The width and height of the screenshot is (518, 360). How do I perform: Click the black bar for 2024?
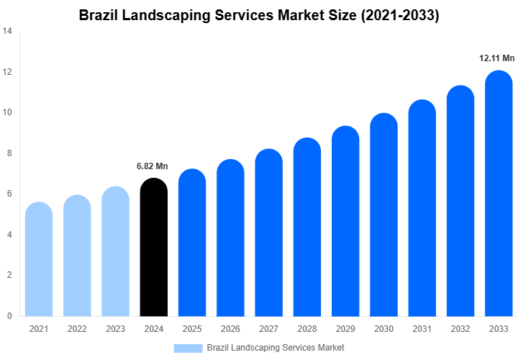point(153,248)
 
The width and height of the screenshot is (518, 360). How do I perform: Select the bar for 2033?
point(499,194)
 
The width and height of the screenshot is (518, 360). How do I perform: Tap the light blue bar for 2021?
point(39,261)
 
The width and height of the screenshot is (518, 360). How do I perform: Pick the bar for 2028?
point(307,228)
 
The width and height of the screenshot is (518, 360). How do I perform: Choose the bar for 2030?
point(383,216)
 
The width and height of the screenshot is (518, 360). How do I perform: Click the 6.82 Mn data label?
point(152,166)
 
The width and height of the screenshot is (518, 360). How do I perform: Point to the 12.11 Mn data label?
point(497,58)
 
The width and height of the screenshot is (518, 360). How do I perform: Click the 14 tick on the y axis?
point(7,32)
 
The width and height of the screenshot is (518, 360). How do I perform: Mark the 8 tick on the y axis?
point(9,153)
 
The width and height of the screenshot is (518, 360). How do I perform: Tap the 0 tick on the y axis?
point(9,316)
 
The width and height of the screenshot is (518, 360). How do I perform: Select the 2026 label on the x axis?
point(230,329)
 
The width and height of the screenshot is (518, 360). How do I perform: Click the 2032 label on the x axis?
point(460,329)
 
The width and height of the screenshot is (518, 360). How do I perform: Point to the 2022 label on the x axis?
point(77,329)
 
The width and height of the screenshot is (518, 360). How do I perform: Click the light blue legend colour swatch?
point(188,348)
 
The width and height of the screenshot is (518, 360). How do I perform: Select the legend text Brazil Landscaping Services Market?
point(275,348)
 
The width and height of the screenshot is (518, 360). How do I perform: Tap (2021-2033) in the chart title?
point(399,14)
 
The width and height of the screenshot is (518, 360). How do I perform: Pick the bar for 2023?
point(115,252)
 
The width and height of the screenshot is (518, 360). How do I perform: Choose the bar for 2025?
point(192,243)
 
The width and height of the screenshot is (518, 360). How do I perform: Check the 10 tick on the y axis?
point(7,113)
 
